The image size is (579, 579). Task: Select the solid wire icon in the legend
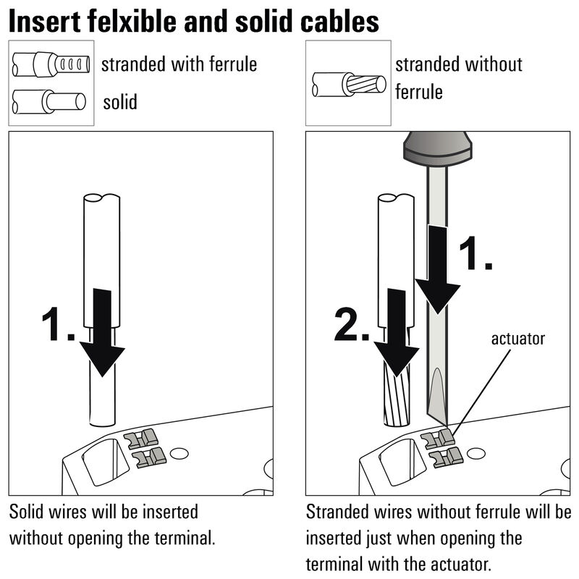click(x=49, y=100)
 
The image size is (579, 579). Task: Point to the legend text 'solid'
click(x=120, y=101)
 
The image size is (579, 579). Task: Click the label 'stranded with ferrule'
click(x=179, y=64)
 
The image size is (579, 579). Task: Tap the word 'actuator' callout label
click(x=517, y=338)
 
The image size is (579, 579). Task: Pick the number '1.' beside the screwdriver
click(x=477, y=255)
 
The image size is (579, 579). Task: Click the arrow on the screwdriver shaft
click(x=438, y=268)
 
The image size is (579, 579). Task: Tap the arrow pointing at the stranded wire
click(x=395, y=337)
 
